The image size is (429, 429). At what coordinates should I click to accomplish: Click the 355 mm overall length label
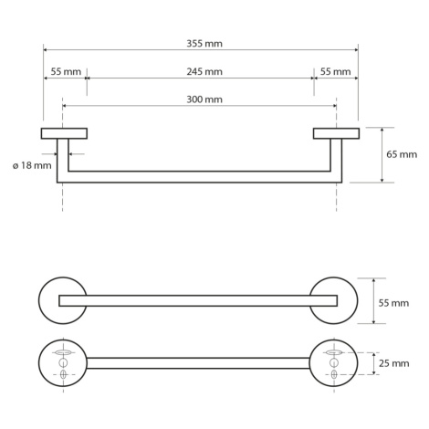(x=204, y=44)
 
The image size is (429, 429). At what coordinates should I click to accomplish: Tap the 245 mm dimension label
(x=204, y=72)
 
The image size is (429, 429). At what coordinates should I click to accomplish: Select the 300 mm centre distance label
(x=204, y=99)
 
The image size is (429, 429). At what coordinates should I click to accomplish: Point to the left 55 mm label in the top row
(x=66, y=72)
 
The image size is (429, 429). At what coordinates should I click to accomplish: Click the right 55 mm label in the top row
(x=335, y=72)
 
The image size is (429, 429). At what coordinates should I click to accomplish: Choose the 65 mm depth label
(x=402, y=154)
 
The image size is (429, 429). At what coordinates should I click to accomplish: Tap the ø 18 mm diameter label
(x=32, y=166)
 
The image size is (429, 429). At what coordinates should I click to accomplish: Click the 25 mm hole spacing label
(x=394, y=363)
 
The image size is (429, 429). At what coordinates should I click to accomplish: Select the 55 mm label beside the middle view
(x=393, y=303)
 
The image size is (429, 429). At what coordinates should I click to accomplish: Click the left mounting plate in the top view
(x=64, y=133)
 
